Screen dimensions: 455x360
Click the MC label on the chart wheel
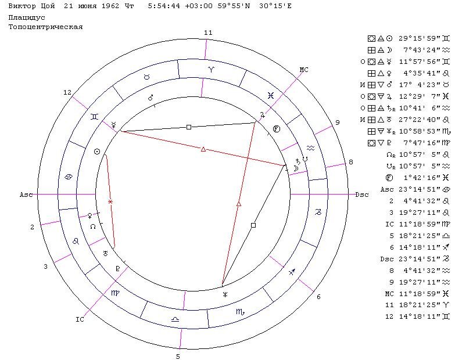pyautogui.click(x=303, y=70)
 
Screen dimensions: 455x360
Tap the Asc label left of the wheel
pyautogui.click(x=26, y=195)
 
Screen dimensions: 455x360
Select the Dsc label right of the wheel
pyautogui.click(x=362, y=195)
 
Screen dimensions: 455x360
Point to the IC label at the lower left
pyautogui.click(x=80, y=319)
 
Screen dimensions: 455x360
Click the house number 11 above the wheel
pyautogui.click(x=208, y=33)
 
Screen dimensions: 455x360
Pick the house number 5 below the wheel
pyautogui.click(x=178, y=357)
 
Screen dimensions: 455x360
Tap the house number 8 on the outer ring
pyautogui.click(x=351, y=163)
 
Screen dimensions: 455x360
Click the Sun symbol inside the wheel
pyautogui.click(x=97, y=152)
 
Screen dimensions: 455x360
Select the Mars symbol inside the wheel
pyautogui.click(x=151, y=98)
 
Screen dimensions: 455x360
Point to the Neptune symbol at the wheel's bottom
pyautogui.click(x=225, y=295)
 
